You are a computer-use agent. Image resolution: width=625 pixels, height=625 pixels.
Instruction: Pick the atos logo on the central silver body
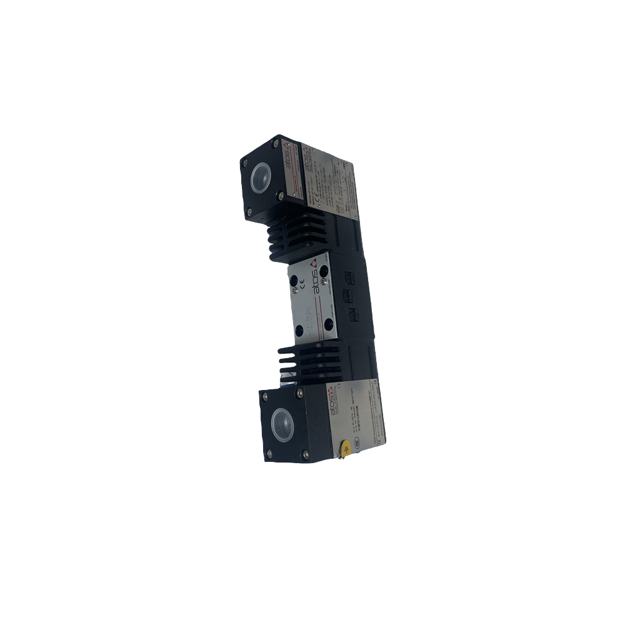(316, 275)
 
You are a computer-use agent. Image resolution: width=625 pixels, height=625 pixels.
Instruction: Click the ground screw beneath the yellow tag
(341, 461)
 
